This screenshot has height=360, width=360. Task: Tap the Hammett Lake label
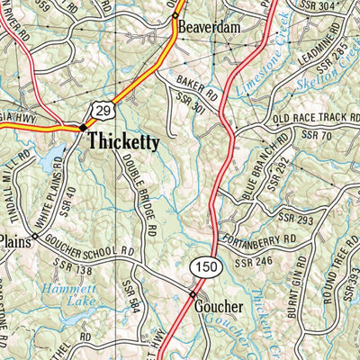click(x=61, y=296)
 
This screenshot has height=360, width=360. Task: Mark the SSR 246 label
click(x=254, y=263)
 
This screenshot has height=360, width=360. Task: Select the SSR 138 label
click(x=74, y=266)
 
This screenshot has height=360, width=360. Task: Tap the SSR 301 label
click(x=191, y=109)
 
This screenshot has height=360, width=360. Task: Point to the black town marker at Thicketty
click(x=82, y=128)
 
